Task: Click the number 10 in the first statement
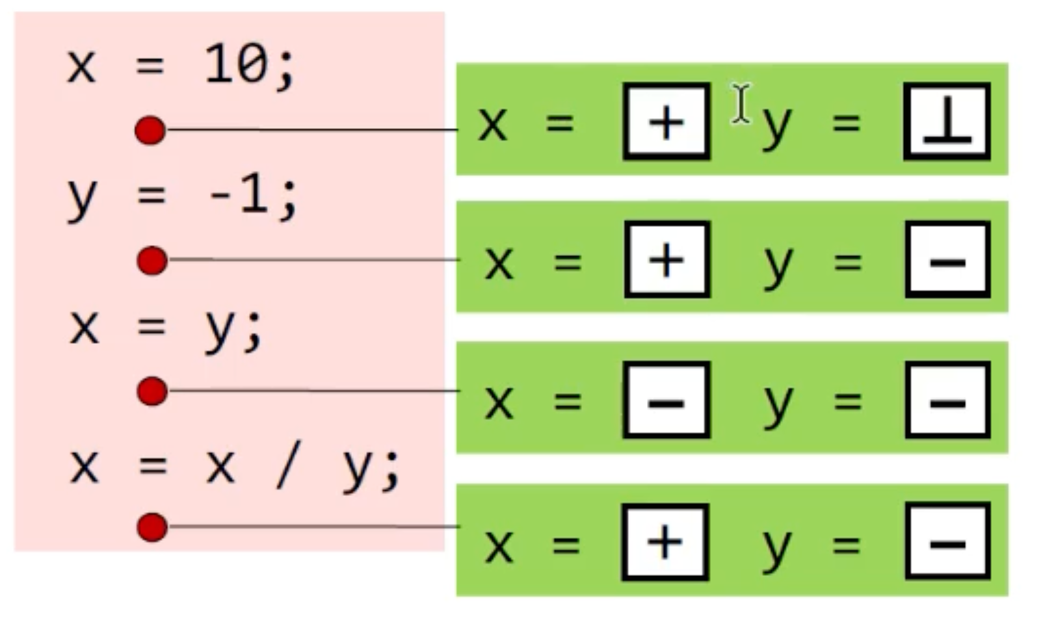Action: click(235, 65)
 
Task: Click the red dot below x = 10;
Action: click(150, 131)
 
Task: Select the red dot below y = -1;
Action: click(152, 261)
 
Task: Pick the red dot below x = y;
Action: click(152, 391)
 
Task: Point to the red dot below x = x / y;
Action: click(152, 526)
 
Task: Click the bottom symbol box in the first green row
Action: click(947, 122)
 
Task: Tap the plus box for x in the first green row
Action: click(667, 122)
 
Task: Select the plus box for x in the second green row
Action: click(667, 260)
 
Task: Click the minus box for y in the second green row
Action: click(947, 260)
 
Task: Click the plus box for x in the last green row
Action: click(665, 541)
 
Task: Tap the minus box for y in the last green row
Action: click(947, 541)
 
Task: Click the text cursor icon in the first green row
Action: click(741, 103)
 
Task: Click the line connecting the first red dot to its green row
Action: click(312, 130)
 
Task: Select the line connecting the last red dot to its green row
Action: click(312, 526)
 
